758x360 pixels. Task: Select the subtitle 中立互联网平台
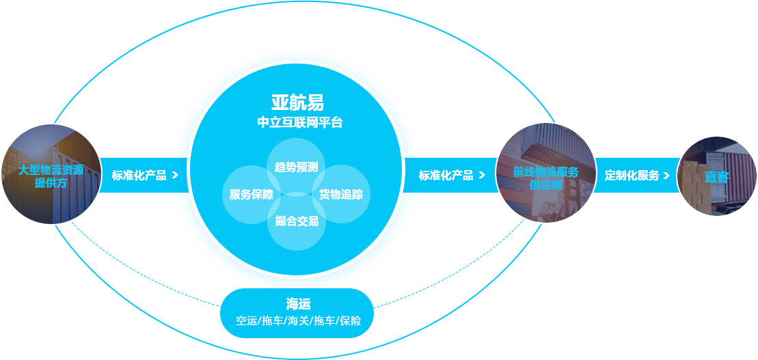300,123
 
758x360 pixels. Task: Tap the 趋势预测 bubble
296,167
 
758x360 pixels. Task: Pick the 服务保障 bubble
252,195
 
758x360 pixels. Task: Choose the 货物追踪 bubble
341,194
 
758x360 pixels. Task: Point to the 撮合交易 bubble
297,221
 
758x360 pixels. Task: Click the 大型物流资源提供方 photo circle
51,174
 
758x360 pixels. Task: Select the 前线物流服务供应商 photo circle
546,174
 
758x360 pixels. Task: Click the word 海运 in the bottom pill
298,304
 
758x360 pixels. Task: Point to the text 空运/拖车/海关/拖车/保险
298,321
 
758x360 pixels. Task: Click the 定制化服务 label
632,176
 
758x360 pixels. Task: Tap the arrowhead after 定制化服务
666,176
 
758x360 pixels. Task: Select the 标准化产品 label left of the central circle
139,176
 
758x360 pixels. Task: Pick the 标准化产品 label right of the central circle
446,176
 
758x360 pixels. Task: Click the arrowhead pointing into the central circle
175,176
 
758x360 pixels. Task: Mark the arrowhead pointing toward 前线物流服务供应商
481,176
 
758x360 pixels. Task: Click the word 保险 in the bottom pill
351,321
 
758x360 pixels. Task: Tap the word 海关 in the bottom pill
298,321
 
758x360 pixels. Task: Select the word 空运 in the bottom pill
247,321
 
